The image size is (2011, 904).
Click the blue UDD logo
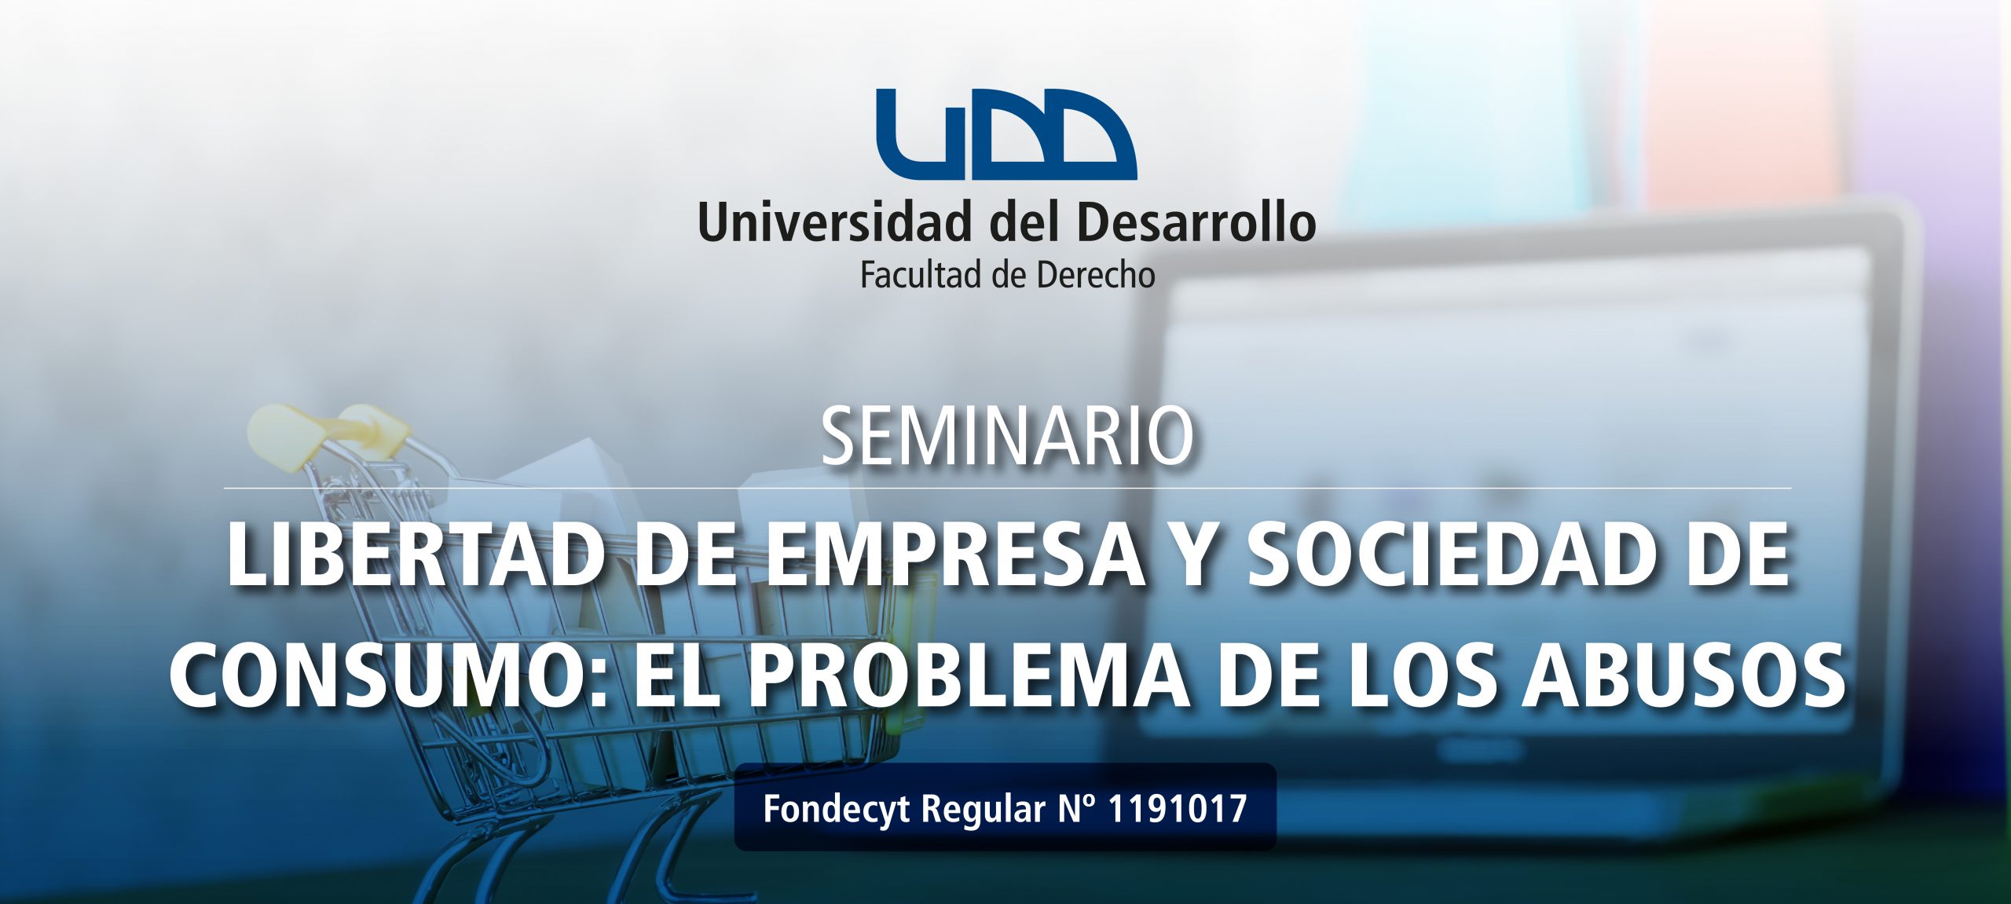point(1006,134)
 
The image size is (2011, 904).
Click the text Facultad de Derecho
point(1007,276)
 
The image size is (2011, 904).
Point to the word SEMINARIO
point(1007,437)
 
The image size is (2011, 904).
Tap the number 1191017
point(1177,808)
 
